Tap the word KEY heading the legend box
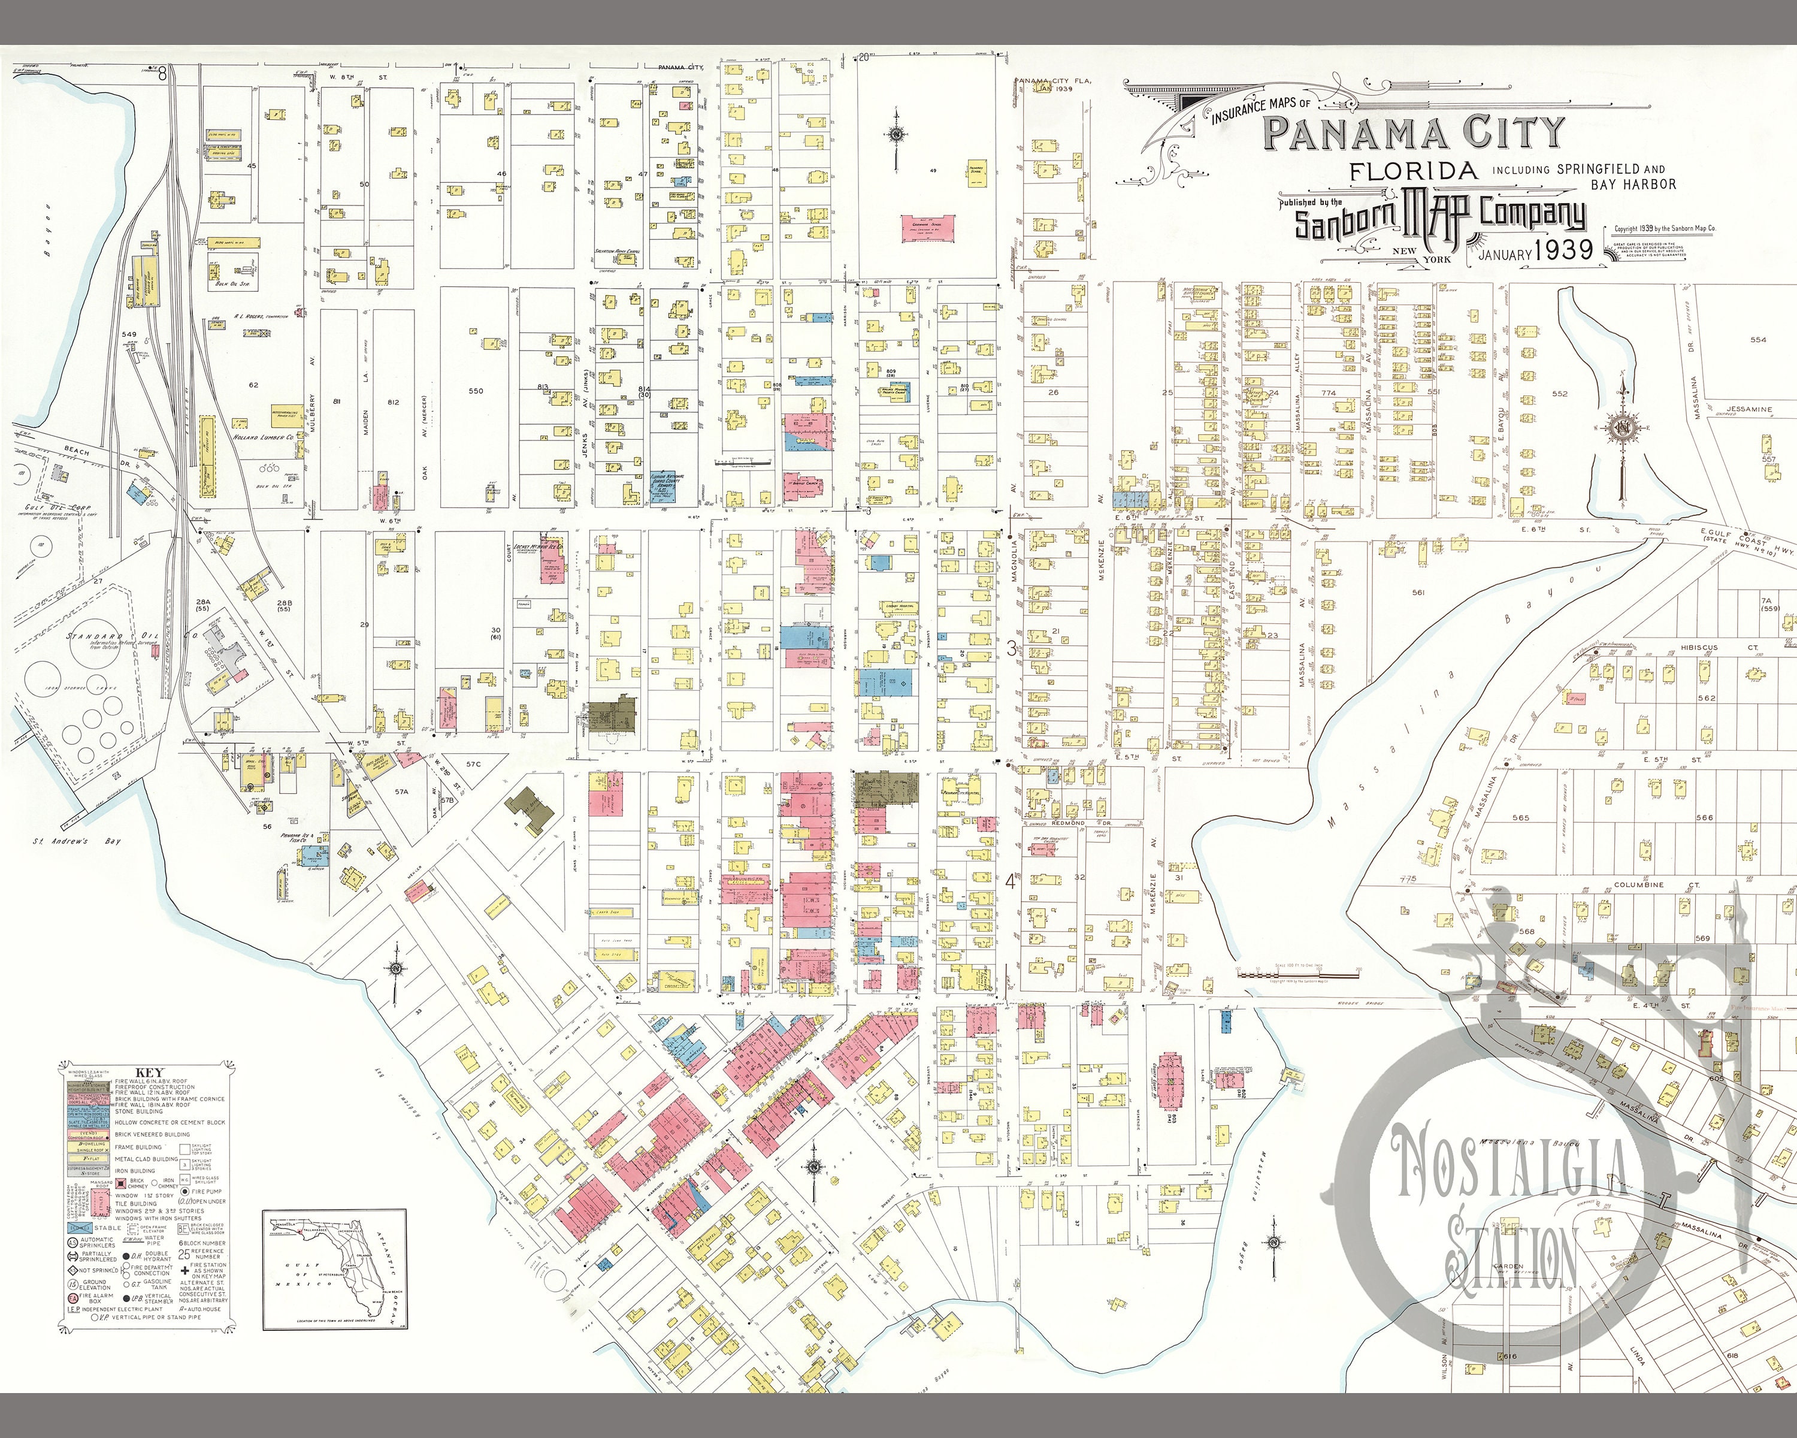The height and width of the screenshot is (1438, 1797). [149, 1072]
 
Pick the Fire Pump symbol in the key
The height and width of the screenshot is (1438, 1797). [173, 1191]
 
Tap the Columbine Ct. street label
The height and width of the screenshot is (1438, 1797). [1638, 884]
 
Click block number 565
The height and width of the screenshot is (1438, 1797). [1520, 818]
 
